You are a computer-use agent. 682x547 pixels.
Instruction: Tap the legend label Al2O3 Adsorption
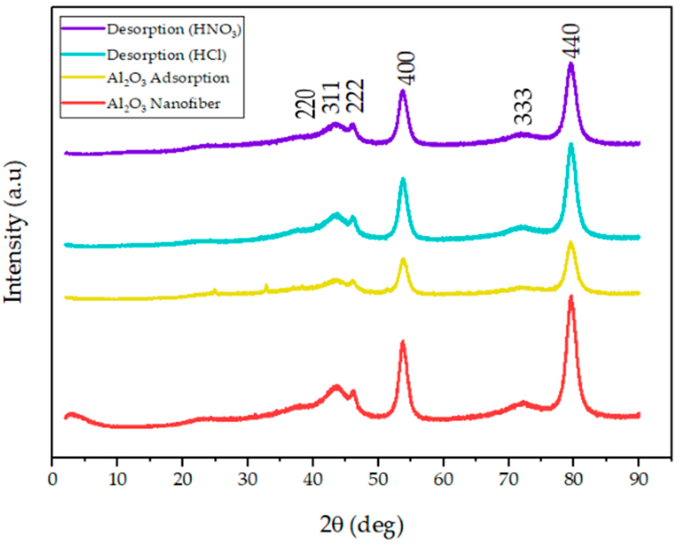click(x=168, y=79)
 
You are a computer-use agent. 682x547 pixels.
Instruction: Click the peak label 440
click(x=571, y=41)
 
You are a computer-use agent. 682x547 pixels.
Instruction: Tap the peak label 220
click(x=305, y=104)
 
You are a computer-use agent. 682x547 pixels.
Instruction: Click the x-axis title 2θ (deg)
click(x=362, y=525)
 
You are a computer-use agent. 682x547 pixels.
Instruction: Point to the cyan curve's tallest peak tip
click(x=571, y=144)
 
